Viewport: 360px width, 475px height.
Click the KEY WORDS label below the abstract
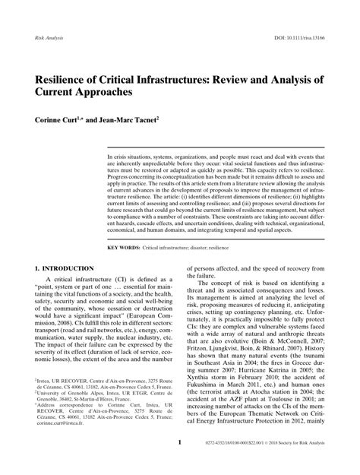click(125, 248)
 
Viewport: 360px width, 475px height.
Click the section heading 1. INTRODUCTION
click(65, 268)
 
